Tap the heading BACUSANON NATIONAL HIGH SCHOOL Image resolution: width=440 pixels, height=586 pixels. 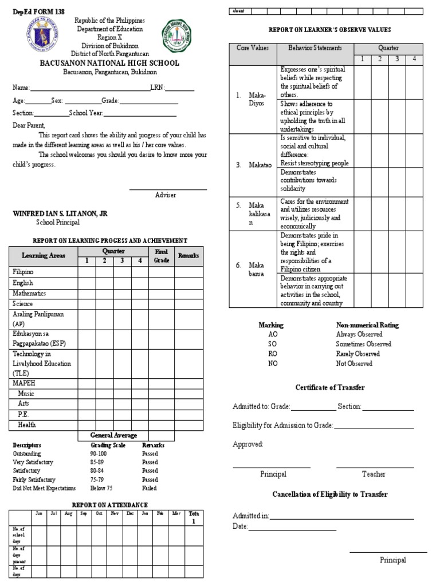click(x=109, y=64)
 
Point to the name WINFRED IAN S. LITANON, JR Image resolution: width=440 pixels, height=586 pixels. click(x=60, y=213)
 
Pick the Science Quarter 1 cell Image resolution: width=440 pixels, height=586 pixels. click(x=87, y=304)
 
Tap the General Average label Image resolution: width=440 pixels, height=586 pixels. click(x=113, y=435)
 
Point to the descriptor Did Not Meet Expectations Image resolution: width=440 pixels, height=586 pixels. click(x=44, y=488)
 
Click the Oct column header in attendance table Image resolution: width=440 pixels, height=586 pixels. click(x=99, y=514)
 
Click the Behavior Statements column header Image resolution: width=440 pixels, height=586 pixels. click(x=315, y=49)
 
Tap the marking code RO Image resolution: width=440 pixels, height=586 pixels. click(x=273, y=354)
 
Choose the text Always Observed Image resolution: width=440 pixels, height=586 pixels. click(x=359, y=334)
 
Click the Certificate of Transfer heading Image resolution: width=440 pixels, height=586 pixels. click(x=330, y=387)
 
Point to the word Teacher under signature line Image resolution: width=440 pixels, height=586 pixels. click(x=374, y=474)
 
